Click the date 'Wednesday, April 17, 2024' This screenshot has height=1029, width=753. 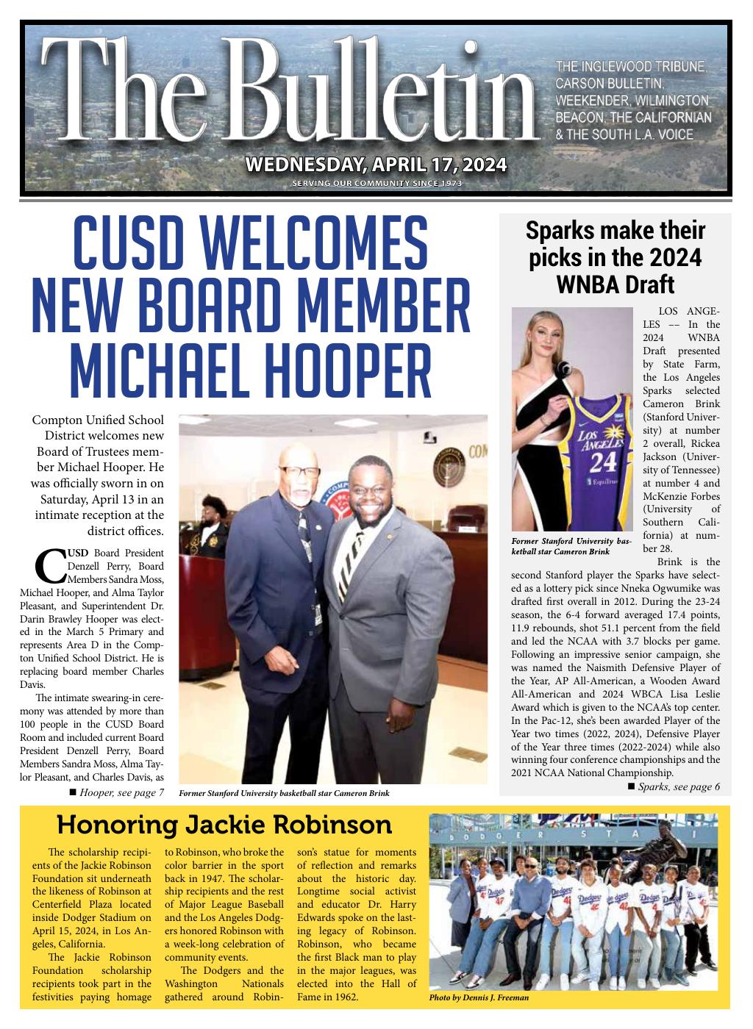[376, 163]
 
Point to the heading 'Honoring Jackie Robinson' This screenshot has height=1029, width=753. [224, 825]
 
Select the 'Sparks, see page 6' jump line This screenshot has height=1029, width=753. [674, 786]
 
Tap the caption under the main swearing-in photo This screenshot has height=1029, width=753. [284, 794]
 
